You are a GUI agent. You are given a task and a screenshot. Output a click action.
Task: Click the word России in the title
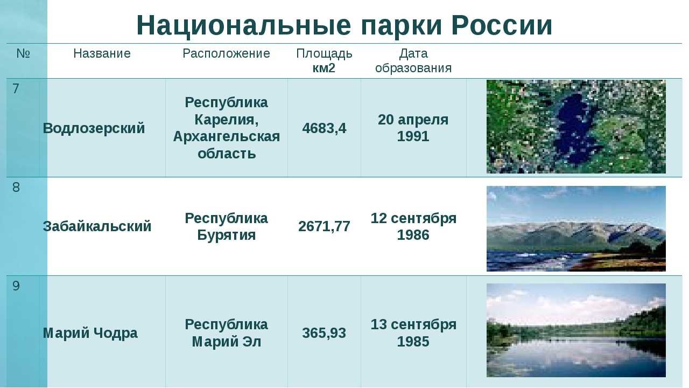pos(502,25)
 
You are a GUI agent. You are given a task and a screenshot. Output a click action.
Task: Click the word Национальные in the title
pos(244,25)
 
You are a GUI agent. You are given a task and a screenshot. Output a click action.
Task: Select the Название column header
pos(102,53)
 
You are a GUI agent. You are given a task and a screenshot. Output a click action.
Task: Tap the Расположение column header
pos(227,53)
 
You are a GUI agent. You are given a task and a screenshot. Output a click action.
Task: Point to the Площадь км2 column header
pos(324,61)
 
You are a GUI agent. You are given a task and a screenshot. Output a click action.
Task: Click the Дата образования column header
pos(413,61)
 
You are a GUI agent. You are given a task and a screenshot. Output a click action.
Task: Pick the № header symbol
pos(23,53)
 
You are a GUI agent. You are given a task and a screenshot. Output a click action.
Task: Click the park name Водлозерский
pos(94,128)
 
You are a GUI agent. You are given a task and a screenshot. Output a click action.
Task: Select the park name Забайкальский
pos(97,226)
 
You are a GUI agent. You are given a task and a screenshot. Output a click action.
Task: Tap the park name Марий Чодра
pos(90,333)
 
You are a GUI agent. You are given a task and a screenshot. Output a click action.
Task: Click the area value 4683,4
pos(324,128)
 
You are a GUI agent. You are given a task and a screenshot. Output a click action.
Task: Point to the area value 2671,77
pos(324,226)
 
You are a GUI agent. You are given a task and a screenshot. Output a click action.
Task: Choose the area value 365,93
pos(324,333)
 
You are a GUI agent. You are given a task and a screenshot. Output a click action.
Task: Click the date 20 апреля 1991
pos(413,128)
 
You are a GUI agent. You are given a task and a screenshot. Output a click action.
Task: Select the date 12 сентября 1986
pos(413,226)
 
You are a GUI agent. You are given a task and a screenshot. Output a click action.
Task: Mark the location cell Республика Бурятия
pos(227,226)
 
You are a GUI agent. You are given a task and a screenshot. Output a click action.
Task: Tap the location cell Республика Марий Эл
pos(227,333)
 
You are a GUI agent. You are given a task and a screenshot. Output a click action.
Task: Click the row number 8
pos(16,187)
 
